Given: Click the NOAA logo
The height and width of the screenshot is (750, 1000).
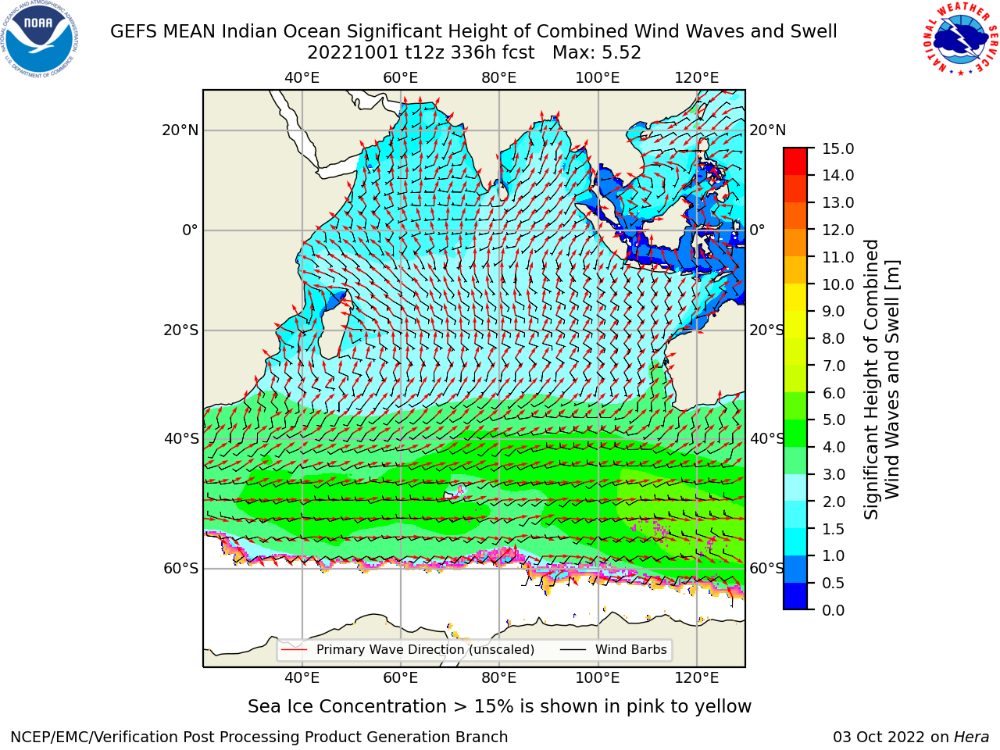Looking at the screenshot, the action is pyautogui.click(x=40, y=40).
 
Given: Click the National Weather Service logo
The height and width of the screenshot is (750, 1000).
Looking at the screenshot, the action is pyautogui.click(x=960, y=39).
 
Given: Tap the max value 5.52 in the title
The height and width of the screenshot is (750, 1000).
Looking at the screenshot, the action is pyautogui.click(x=619, y=53).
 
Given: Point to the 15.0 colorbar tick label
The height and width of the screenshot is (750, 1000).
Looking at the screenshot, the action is pyautogui.click(x=837, y=148).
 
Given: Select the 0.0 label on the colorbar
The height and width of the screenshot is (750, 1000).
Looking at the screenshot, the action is pyautogui.click(x=834, y=610).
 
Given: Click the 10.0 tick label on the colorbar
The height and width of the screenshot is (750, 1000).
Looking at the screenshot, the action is pyautogui.click(x=837, y=284).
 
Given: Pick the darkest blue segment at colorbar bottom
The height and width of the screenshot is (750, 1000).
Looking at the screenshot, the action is pyautogui.click(x=795, y=596).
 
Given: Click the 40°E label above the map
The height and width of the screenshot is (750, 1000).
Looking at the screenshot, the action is pyautogui.click(x=302, y=78).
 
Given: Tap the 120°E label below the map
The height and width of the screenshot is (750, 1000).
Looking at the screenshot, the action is pyautogui.click(x=697, y=678).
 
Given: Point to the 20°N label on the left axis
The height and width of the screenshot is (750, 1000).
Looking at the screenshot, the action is pyautogui.click(x=180, y=130).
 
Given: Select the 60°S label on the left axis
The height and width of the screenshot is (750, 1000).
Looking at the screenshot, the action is pyautogui.click(x=181, y=568).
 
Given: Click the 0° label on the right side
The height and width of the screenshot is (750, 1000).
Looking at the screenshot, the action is pyautogui.click(x=757, y=230).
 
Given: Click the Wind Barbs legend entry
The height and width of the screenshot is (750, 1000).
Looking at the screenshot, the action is pyautogui.click(x=613, y=650).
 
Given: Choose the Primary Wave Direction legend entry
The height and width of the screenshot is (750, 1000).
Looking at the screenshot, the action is pyautogui.click(x=408, y=650).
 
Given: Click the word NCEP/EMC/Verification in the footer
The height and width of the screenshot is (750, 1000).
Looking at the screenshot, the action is pyautogui.click(x=113, y=737).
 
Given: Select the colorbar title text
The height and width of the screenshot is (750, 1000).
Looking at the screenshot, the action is pyautogui.click(x=881, y=379).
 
